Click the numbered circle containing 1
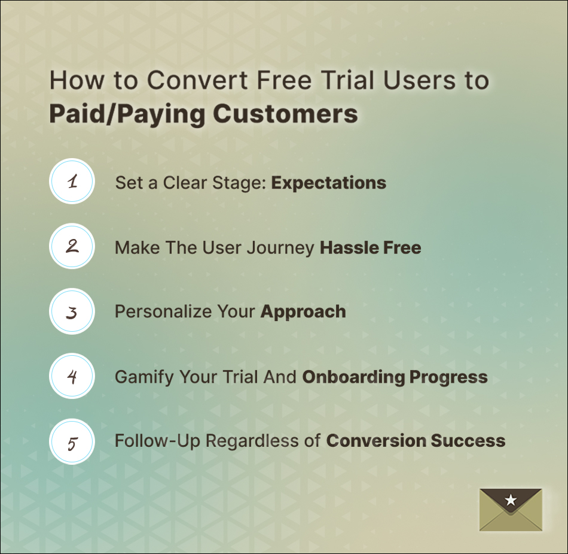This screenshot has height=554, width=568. [x=72, y=181]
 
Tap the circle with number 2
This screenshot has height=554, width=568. [x=72, y=246]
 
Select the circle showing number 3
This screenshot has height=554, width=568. [x=72, y=312]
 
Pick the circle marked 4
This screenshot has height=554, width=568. [x=72, y=376]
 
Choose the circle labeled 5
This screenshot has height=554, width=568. [x=72, y=442]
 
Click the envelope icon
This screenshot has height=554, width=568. [x=511, y=510]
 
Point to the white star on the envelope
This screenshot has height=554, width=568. [x=511, y=500]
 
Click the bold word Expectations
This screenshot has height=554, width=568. [x=328, y=183]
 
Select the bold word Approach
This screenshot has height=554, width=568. [x=303, y=312]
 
